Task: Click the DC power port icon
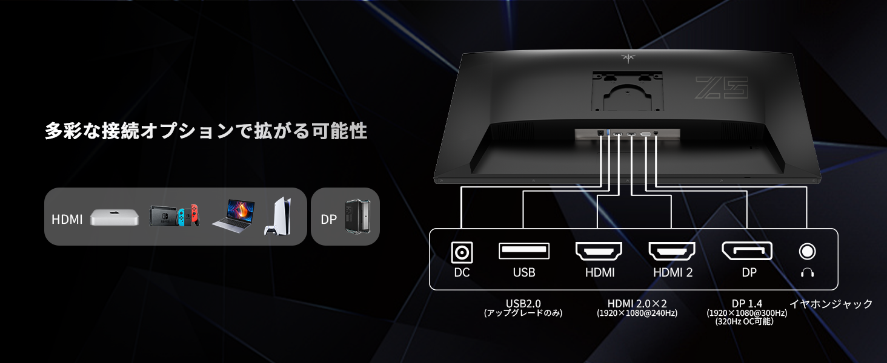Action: pyautogui.click(x=462, y=251)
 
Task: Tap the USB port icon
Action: pyautogui.click(x=524, y=250)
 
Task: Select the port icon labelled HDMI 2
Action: pyautogui.click(x=673, y=250)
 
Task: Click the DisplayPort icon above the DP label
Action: pyautogui.click(x=747, y=250)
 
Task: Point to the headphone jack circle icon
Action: pyautogui.click(x=807, y=250)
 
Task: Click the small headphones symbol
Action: pyautogui.click(x=807, y=272)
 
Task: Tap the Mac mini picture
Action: pyautogui.click(x=111, y=218)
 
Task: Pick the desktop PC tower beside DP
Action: pyautogui.click(x=353, y=216)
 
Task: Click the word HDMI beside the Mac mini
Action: pyautogui.click(x=67, y=219)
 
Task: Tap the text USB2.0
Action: pyautogui.click(x=523, y=303)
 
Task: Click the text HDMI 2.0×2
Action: pyautogui.click(x=637, y=303)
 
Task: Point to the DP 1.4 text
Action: pyautogui.click(x=746, y=303)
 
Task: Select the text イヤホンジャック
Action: pyautogui.click(x=831, y=304)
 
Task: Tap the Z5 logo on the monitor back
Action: pyautogui.click(x=721, y=88)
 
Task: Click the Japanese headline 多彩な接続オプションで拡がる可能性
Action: pyautogui.click(x=206, y=131)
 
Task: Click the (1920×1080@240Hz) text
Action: pyautogui.click(x=637, y=313)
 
